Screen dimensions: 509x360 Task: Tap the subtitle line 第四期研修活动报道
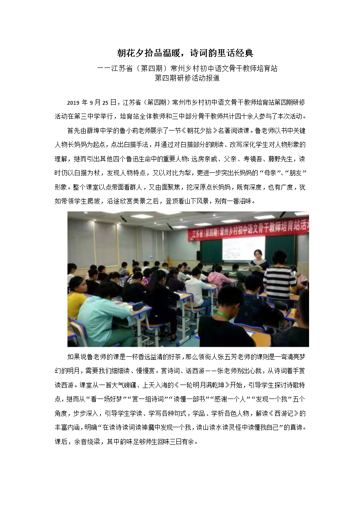(x=187, y=78)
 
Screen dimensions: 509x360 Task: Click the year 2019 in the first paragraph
(x=74, y=103)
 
